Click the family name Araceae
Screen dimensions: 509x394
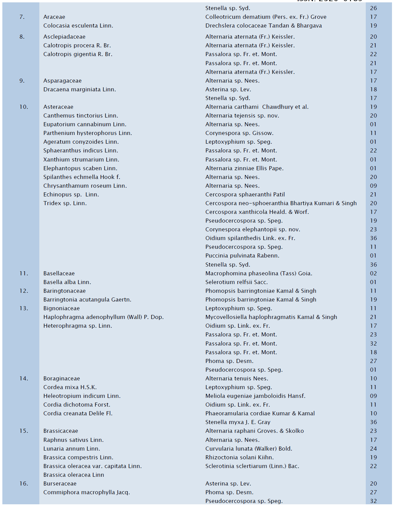click(x=54, y=17)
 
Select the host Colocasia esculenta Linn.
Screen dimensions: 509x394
click(x=78, y=26)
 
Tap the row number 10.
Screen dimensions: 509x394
click(x=24, y=107)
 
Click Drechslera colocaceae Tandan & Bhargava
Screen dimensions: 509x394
click(x=263, y=26)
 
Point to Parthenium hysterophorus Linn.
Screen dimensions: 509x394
click(x=87, y=133)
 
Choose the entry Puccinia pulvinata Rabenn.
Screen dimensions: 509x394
click(x=242, y=256)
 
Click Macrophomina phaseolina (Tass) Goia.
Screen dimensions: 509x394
click(x=259, y=273)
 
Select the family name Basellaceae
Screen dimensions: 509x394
click(x=59, y=273)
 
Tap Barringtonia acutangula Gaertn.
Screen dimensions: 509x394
click(x=87, y=299)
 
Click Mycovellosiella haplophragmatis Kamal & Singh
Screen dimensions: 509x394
click(x=271, y=317)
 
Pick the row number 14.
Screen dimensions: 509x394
click(x=24, y=378)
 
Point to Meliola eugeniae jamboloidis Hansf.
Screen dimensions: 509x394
click(x=255, y=396)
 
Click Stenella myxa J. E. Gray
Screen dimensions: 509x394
click(x=238, y=422)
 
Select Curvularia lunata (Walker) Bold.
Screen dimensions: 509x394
click(x=248, y=449)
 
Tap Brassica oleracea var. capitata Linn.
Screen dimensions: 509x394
click(x=92, y=466)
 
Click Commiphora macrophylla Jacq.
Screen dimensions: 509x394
click(x=86, y=492)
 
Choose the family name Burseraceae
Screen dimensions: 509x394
click(x=60, y=483)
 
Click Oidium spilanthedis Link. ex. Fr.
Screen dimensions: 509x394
click(x=250, y=238)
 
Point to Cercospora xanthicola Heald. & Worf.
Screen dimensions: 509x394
click(x=257, y=212)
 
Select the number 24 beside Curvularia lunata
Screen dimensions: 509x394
click(x=373, y=449)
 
